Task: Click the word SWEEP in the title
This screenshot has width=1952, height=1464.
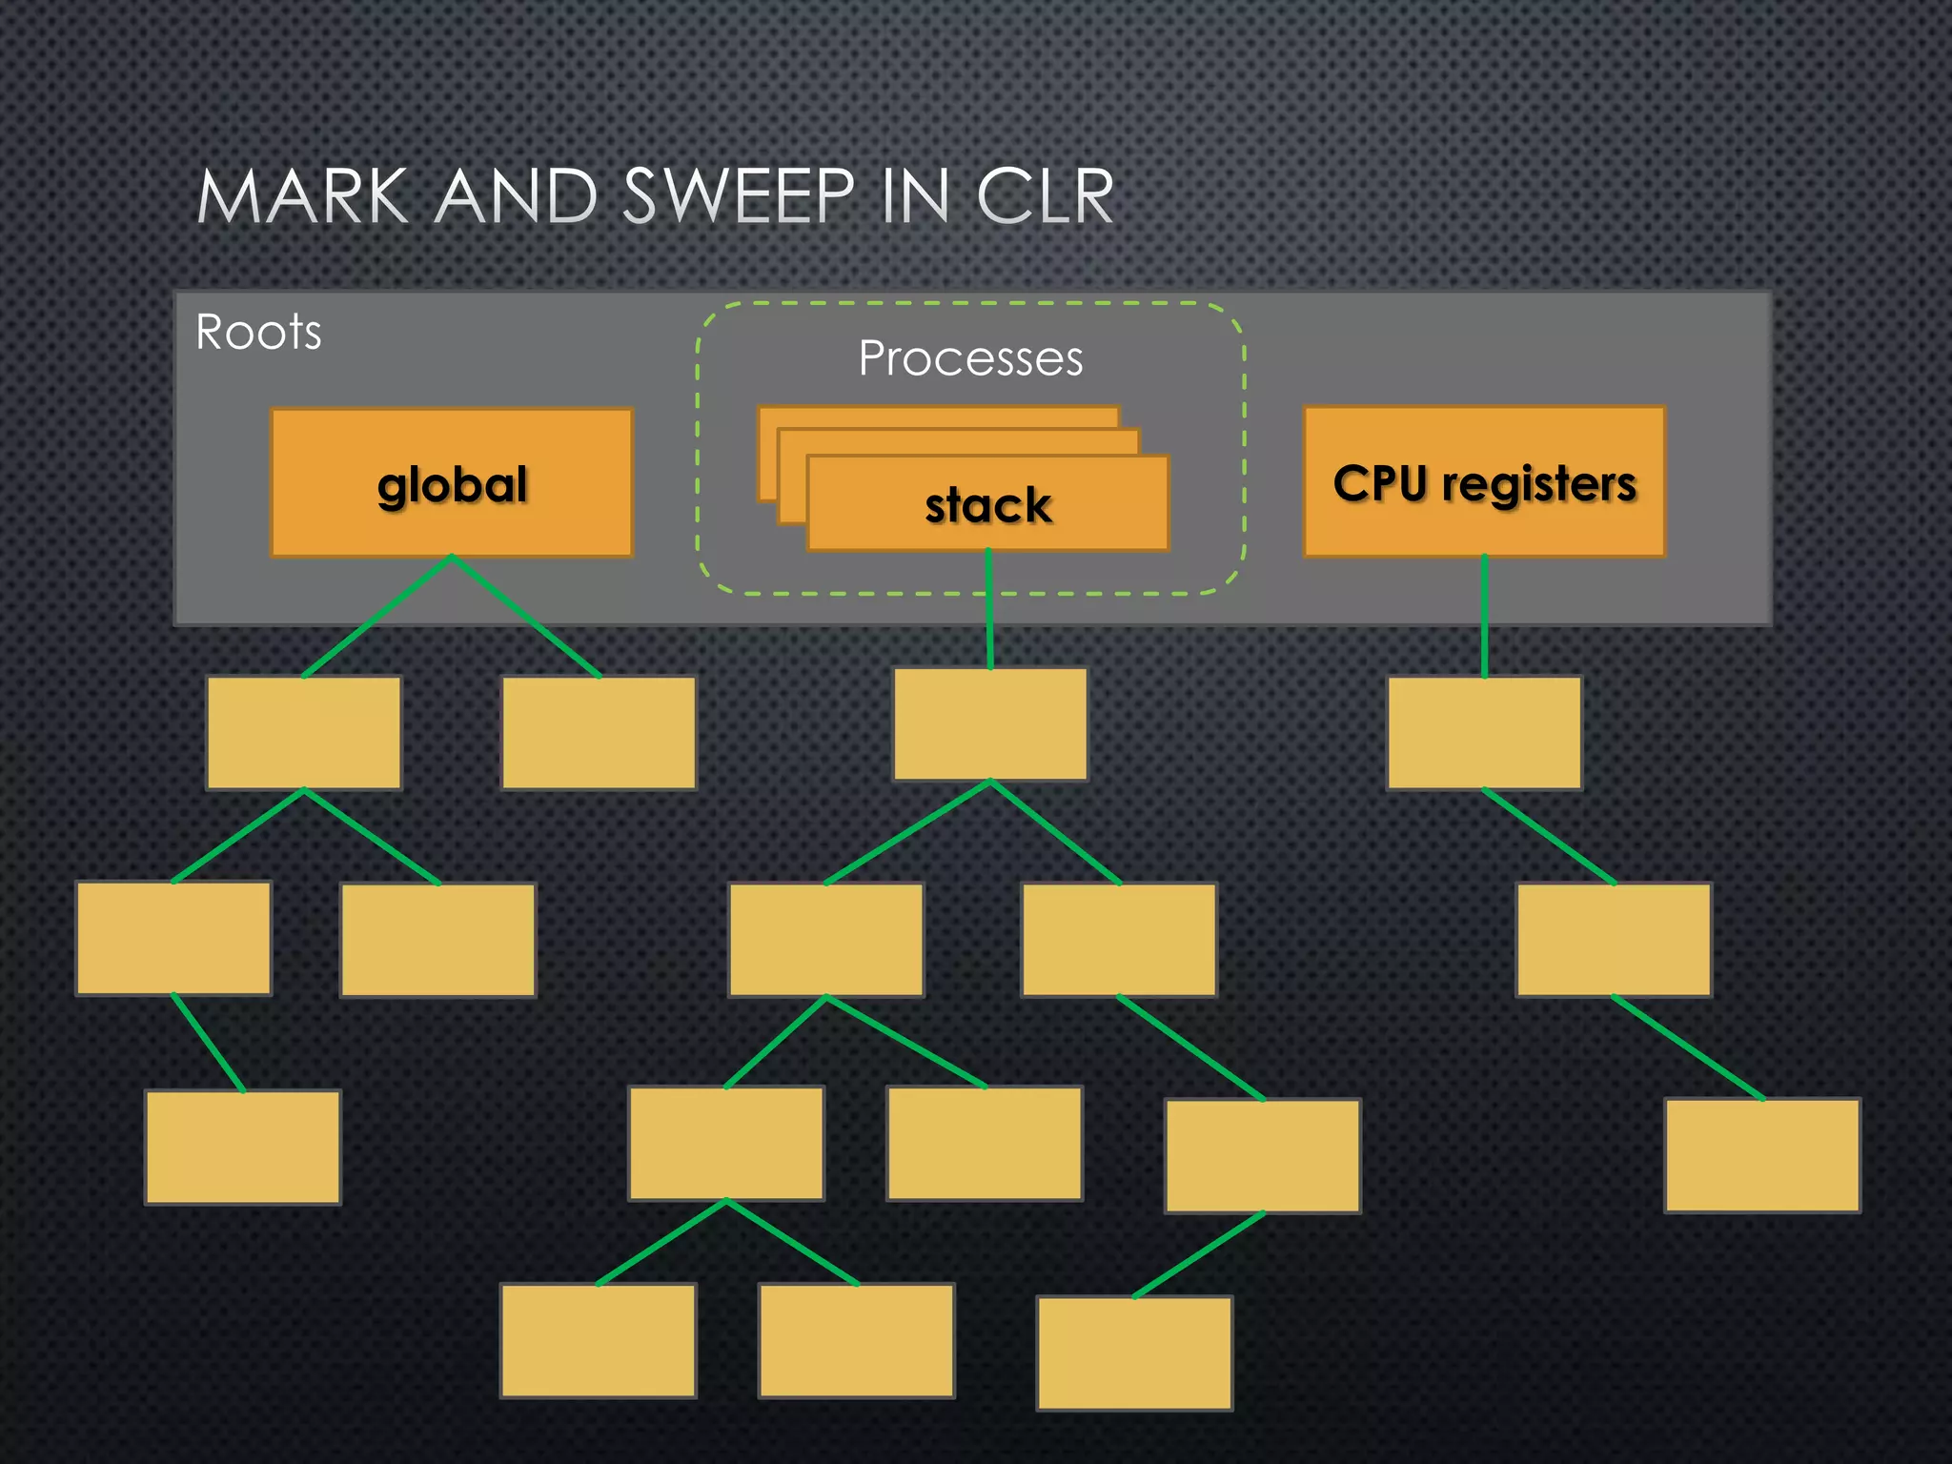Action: point(739,197)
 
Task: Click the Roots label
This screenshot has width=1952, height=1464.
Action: point(258,333)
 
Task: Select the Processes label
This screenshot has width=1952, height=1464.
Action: point(970,359)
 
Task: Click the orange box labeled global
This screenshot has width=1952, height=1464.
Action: point(452,483)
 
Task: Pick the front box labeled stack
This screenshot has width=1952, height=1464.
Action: point(987,504)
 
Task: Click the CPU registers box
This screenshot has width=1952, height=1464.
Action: point(1484,482)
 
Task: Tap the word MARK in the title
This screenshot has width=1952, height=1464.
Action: point(302,197)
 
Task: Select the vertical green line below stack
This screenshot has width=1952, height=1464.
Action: point(989,610)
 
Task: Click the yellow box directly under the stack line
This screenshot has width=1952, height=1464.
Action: point(990,724)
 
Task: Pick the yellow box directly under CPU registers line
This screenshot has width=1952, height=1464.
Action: point(1484,733)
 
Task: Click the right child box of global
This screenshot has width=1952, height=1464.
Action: point(599,733)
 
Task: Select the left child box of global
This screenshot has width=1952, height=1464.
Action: point(304,733)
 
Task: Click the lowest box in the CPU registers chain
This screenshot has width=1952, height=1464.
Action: point(1762,1155)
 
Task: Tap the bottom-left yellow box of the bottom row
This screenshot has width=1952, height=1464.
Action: point(598,1340)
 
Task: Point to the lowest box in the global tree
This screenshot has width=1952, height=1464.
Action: point(243,1148)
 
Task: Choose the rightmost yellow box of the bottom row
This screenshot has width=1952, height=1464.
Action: point(1134,1352)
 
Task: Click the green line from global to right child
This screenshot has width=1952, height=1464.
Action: point(526,617)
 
